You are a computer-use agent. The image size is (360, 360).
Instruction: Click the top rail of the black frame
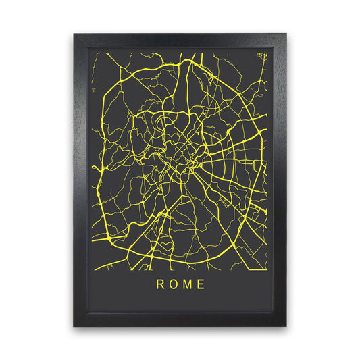[x=180, y=39]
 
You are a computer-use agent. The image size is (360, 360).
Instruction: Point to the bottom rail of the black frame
[x=180, y=319]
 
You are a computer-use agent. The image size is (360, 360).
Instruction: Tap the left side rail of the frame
[x=80, y=180]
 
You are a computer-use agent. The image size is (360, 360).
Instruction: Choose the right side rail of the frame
[x=280, y=180]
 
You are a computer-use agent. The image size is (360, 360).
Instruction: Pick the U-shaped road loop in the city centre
[x=161, y=124]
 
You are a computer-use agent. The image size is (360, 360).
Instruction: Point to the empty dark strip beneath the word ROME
[x=180, y=303]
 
